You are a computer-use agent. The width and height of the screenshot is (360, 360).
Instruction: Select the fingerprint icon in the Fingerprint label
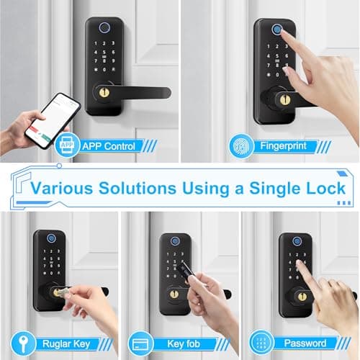tap(240, 146)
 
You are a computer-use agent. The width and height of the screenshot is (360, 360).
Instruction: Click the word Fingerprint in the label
tap(283, 146)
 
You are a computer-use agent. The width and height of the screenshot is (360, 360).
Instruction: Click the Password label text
tap(306, 343)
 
